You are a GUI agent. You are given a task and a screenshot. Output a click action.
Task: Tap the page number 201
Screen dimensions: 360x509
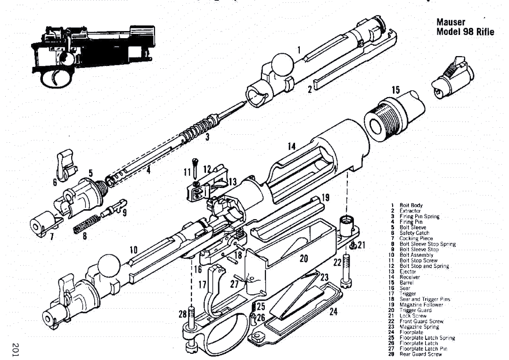click(x=17, y=346)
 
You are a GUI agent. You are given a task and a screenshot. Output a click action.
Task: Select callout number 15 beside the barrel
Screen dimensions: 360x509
click(x=395, y=90)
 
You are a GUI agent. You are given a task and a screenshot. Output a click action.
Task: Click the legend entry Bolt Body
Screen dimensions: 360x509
click(x=411, y=205)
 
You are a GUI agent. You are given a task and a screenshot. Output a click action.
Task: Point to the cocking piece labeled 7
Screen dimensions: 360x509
click(x=42, y=222)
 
